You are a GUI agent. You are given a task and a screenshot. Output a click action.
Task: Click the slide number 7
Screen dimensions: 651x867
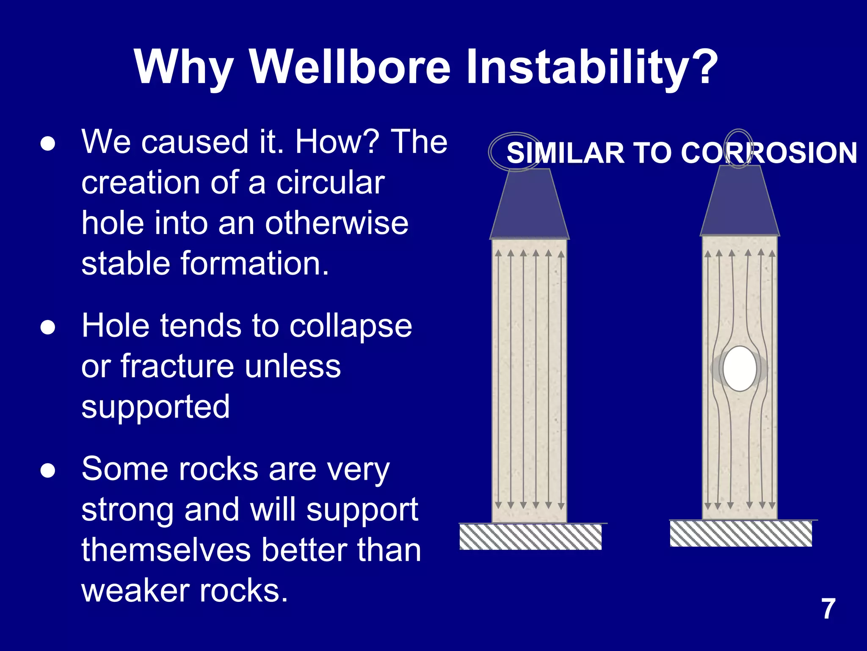coord(828,609)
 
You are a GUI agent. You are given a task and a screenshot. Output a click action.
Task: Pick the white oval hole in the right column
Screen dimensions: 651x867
coord(740,369)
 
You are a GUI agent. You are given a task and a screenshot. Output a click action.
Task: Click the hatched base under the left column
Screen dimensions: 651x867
coord(530,537)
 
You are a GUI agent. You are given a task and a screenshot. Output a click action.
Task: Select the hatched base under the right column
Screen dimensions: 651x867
coord(741,534)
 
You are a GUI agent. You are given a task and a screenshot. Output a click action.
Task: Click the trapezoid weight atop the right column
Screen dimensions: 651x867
coord(740,201)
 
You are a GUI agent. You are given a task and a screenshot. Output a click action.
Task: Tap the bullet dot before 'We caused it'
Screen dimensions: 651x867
coord(48,144)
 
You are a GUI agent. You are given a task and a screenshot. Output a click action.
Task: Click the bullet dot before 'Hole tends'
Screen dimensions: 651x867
coord(48,328)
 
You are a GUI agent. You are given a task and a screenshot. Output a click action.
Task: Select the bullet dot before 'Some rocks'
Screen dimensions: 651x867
coord(48,470)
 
